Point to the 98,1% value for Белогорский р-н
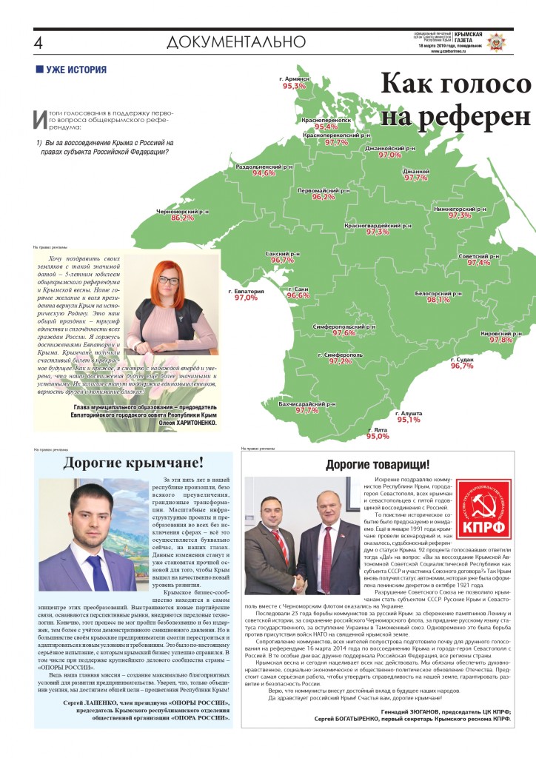point(438,300)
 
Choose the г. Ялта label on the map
point(378,429)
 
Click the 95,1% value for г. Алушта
point(409,420)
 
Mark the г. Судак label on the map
point(462,359)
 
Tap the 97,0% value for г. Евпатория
point(246,298)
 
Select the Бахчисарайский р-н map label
point(307,403)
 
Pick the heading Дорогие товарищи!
point(377,464)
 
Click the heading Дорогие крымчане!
point(133,463)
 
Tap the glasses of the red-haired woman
point(170,281)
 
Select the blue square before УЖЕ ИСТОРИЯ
point(39,70)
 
